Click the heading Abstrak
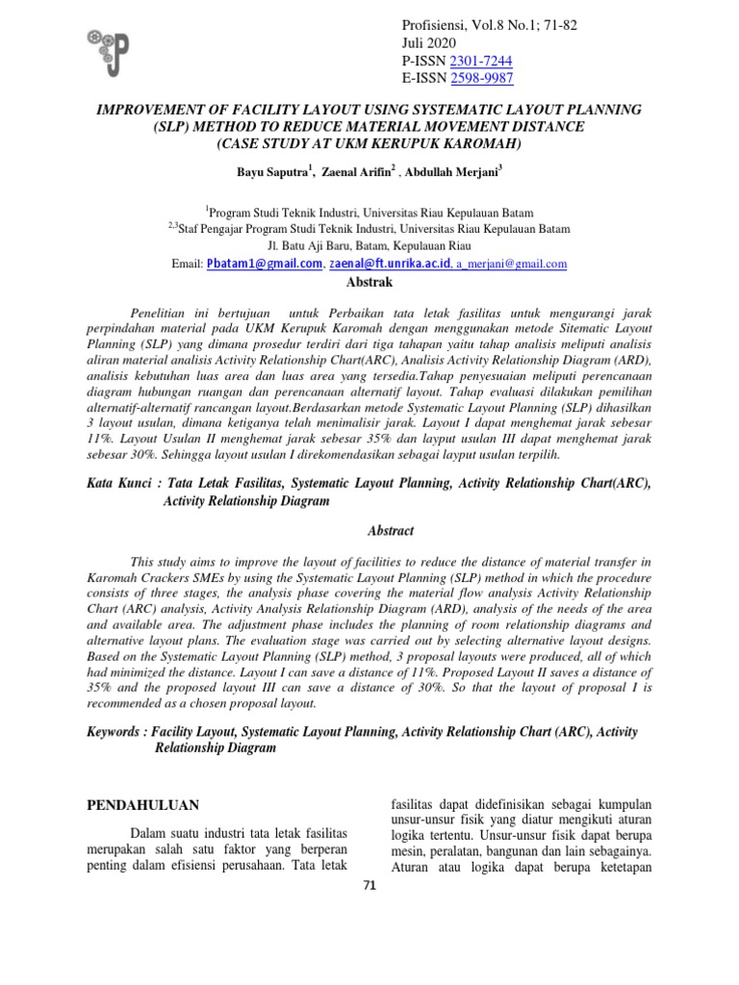pos(369,282)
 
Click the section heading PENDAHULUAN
pos(143,804)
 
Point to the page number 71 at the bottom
pos(369,886)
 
